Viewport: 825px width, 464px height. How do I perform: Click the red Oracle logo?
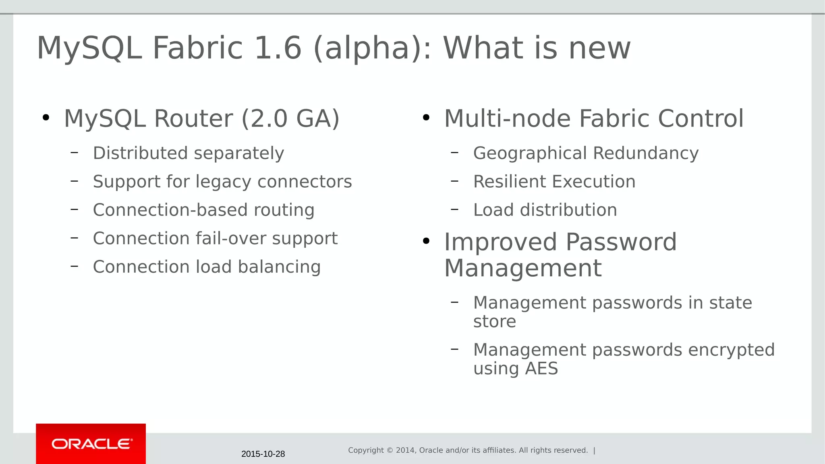click(x=91, y=443)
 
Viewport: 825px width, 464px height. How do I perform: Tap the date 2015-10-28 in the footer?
click(x=263, y=454)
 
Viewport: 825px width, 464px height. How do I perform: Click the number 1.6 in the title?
click(x=278, y=48)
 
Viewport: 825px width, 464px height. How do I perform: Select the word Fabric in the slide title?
click(x=197, y=48)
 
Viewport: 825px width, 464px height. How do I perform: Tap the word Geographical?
click(x=530, y=153)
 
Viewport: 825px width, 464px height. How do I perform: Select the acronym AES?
click(x=541, y=369)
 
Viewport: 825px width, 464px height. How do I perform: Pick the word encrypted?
click(x=731, y=350)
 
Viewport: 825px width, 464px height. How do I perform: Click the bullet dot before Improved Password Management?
click(x=426, y=241)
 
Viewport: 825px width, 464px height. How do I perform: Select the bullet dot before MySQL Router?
click(x=46, y=118)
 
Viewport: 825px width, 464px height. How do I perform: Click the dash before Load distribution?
click(x=455, y=209)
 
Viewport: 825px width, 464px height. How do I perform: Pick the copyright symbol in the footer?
click(x=390, y=450)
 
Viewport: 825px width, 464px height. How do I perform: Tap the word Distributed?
click(x=140, y=153)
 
